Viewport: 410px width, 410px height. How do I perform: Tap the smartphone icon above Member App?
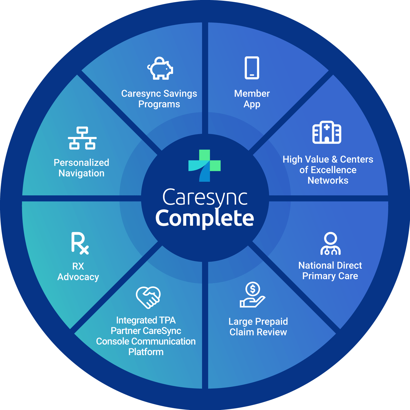[x=252, y=68]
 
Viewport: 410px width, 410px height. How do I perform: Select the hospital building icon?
[x=327, y=132]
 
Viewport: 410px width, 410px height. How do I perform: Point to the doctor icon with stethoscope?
[x=330, y=244]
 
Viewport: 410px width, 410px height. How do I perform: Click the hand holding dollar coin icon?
[x=252, y=295]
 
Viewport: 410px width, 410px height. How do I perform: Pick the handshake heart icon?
[x=148, y=297]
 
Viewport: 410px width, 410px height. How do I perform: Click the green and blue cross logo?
[x=204, y=166]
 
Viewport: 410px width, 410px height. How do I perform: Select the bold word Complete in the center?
[x=204, y=219]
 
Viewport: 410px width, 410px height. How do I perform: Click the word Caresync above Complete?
[x=205, y=198]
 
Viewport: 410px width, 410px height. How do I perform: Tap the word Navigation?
[x=81, y=173]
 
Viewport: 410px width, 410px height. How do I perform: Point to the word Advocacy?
[x=78, y=277]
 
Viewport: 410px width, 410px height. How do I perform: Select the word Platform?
[x=146, y=352]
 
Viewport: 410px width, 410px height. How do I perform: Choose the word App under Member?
[x=252, y=105]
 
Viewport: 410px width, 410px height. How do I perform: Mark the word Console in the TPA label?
[x=113, y=341]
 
